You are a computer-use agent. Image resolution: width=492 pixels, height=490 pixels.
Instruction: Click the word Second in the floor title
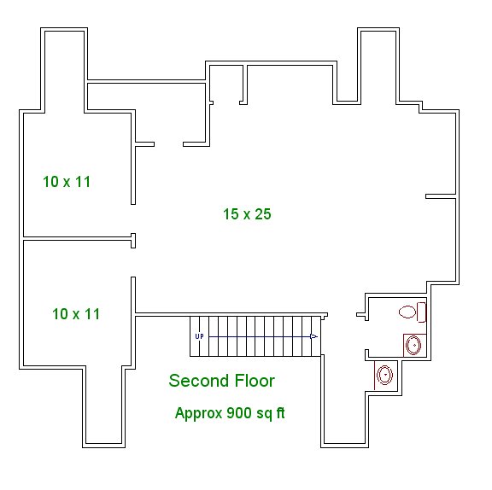point(199,381)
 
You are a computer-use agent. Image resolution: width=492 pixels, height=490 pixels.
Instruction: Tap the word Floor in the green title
point(255,381)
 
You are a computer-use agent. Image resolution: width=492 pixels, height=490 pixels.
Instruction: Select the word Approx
point(199,413)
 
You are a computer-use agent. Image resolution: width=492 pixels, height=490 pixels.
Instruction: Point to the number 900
point(239,413)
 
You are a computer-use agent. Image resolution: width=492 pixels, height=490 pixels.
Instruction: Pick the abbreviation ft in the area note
point(280,413)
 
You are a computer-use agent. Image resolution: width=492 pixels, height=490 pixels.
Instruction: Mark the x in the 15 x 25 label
point(247,215)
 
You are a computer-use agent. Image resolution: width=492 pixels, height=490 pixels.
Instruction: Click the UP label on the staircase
point(200,336)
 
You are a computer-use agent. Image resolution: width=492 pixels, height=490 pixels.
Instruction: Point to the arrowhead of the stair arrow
point(313,336)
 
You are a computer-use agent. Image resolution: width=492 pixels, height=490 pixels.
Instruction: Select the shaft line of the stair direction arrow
point(260,336)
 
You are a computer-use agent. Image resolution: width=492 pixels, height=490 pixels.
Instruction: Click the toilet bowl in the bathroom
point(407,312)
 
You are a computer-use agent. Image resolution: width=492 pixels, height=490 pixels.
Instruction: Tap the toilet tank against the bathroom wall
point(421,312)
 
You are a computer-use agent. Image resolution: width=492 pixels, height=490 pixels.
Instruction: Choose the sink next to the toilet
point(413,345)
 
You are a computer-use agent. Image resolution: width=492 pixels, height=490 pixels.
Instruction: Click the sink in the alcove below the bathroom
point(384,375)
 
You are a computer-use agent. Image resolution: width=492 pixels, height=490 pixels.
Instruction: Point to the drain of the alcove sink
point(385,374)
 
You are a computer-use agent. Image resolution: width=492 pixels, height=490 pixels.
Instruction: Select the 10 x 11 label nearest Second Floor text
point(76,314)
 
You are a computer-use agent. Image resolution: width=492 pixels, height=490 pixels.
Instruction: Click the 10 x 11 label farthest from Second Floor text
point(67,182)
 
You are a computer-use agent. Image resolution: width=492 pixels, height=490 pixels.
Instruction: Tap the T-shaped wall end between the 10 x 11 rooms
point(133,241)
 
